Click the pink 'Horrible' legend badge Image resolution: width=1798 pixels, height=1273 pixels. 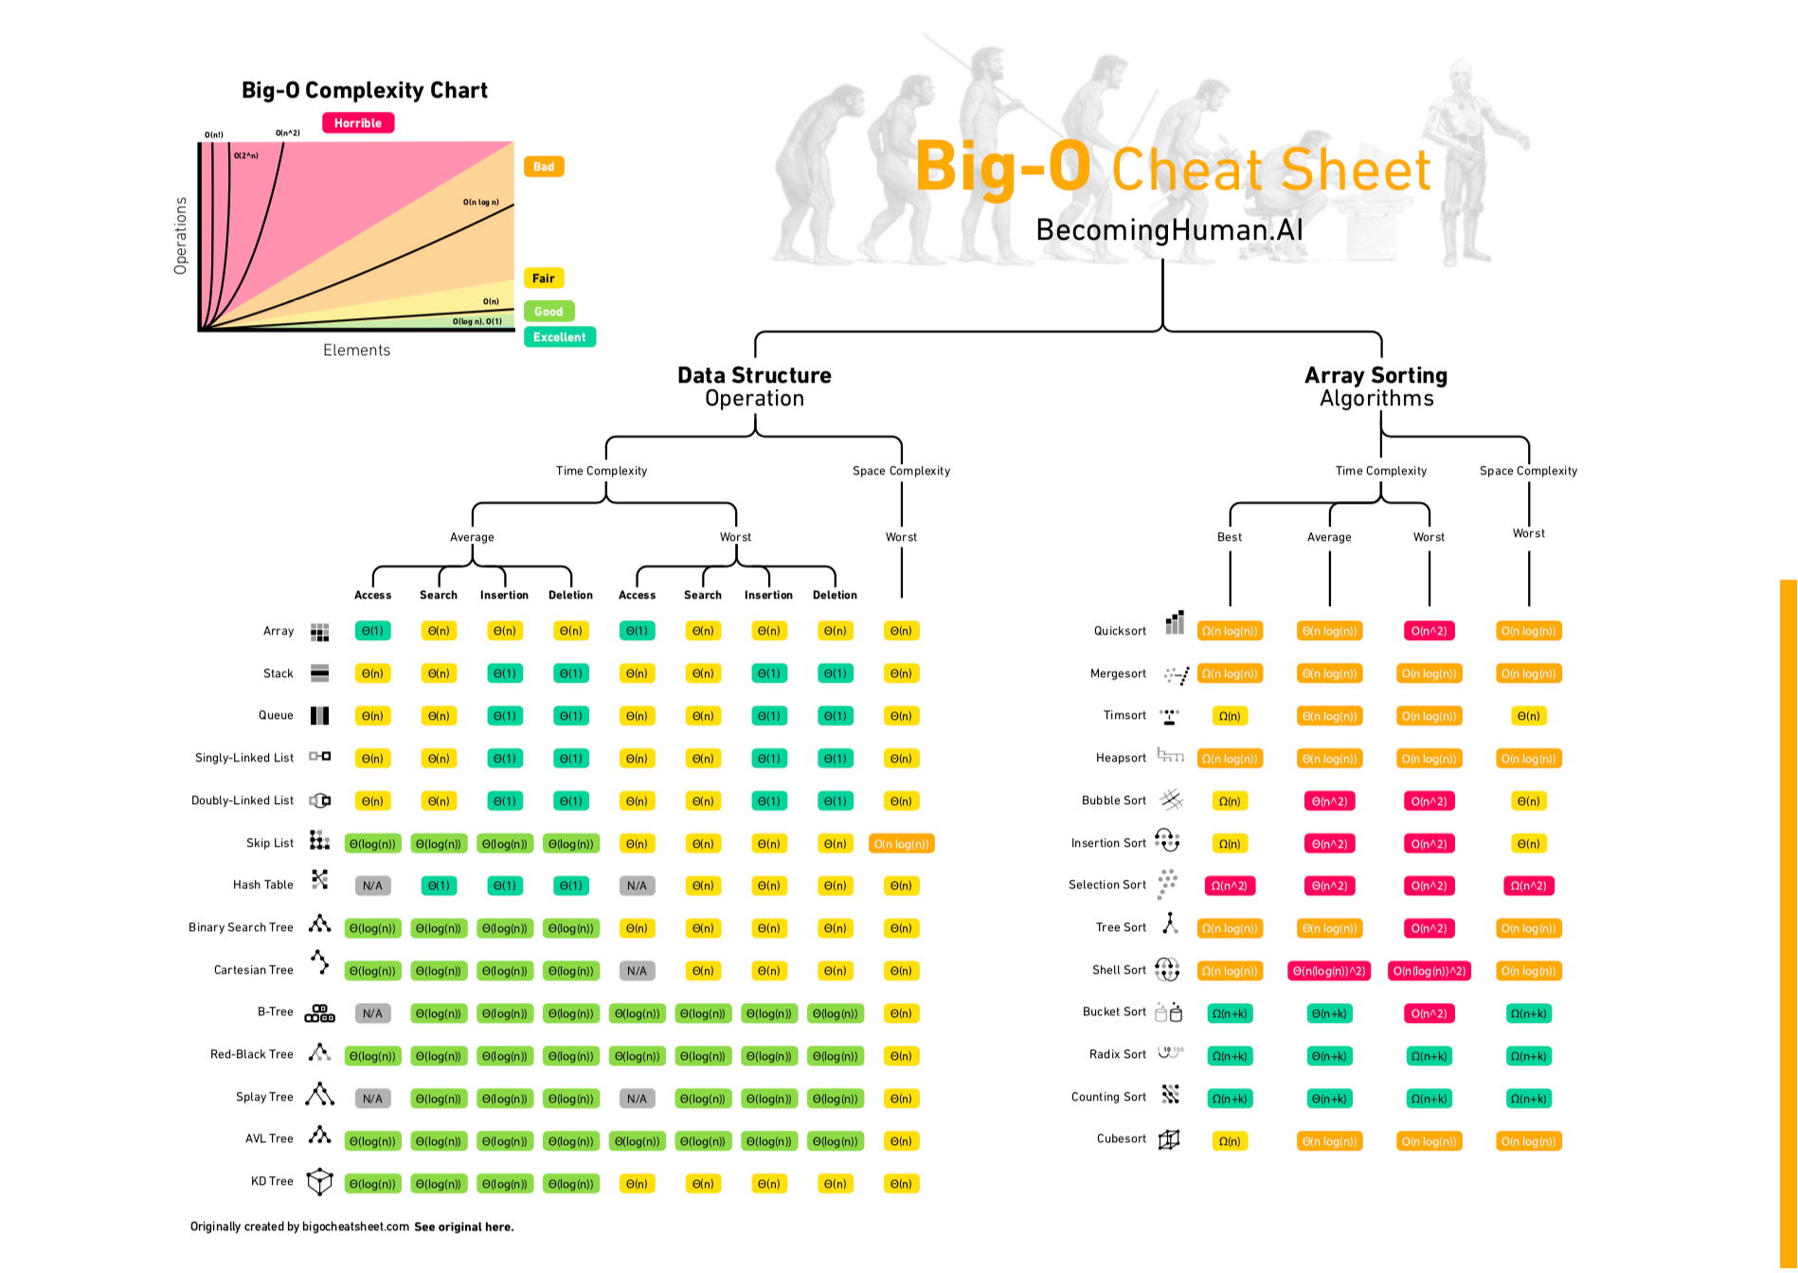[358, 123]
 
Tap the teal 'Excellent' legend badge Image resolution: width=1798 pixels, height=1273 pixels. [559, 337]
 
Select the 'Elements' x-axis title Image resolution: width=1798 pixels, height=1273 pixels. [356, 350]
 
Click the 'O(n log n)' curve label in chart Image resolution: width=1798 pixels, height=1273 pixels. [480, 202]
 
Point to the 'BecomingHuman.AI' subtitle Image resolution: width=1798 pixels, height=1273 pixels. [1169, 230]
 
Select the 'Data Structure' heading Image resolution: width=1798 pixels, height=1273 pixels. [754, 375]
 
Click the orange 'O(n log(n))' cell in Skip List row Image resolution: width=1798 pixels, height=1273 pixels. [901, 844]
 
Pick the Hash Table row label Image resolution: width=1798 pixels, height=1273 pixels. [263, 885]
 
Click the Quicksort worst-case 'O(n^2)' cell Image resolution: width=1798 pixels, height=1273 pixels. [1429, 631]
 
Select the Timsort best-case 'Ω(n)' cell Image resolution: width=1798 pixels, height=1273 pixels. [1230, 716]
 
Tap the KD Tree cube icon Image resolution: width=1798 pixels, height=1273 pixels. [320, 1181]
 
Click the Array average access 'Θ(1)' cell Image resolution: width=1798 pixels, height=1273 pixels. [372, 631]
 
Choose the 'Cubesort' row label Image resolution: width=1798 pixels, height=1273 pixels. [1121, 1139]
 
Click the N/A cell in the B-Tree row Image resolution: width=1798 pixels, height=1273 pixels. [372, 1013]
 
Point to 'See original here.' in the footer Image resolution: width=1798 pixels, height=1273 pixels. [463, 1227]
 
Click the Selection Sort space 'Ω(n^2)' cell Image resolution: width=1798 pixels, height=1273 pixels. [1528, 886]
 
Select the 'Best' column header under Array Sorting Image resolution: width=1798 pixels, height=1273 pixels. [1230, 537]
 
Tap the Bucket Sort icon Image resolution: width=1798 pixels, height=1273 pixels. [1169, 1013]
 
